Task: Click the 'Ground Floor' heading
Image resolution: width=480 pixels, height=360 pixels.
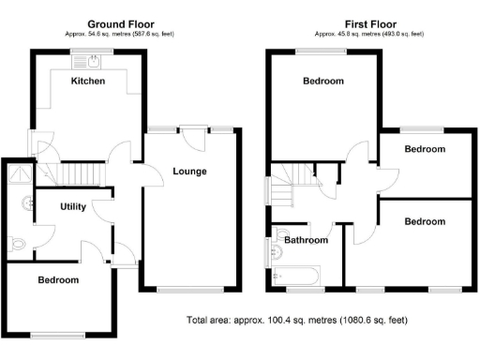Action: point(122,23)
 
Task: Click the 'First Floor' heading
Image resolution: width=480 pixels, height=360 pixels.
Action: point(370,23)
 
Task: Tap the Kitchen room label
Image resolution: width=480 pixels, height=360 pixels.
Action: point(88,82)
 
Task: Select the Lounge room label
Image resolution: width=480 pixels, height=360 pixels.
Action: point(189,171)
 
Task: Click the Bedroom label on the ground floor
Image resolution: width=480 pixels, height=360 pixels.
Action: point(58,279)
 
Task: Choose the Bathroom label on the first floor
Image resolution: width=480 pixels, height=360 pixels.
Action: point(307,240)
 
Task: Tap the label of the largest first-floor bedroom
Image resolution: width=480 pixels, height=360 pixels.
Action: point(323,82)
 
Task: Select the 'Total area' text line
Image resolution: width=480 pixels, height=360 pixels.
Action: point(298,320)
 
